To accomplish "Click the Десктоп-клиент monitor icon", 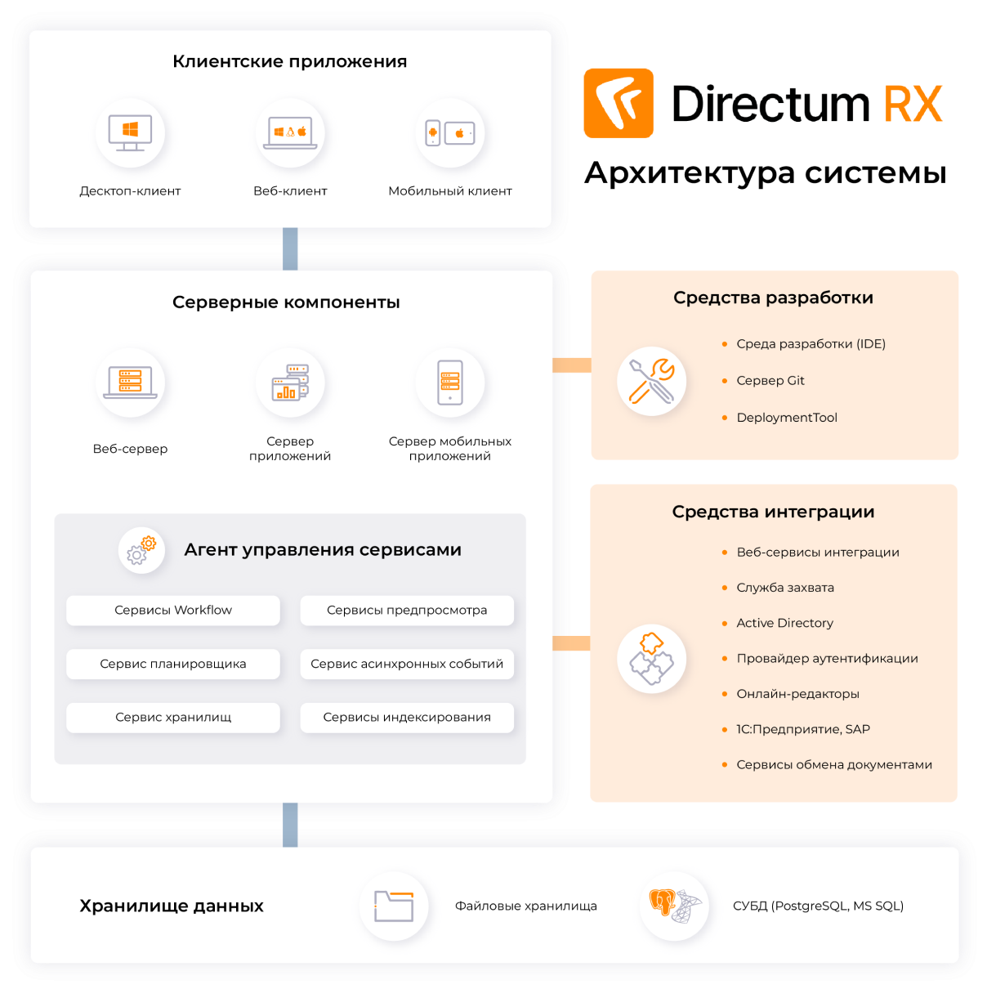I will click(x=130, y=132).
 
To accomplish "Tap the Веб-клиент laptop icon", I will click(x=290, y=132).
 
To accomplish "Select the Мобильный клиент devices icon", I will click(x=449, y=132).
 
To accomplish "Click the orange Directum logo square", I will click(x=619, y=103).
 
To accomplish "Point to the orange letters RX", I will click(x=913, y=104).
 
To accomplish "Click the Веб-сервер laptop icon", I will click(x=130, y=383).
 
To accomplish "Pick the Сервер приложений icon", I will click(x=290, y=383).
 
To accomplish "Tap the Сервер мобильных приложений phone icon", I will click(x=449, y=383).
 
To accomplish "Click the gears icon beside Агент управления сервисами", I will click(x=141, y=550).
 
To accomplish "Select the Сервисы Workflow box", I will click(x=173, y=611).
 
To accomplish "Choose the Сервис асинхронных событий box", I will click(x=407, y=664).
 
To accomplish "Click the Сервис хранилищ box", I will click(x=173, y=718).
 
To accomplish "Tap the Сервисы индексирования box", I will click(x=407, y=718).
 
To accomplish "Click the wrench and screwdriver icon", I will click(x=651, y=381).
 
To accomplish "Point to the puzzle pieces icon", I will click(x=651, y=659).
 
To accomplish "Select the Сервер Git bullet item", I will click(x=770, y=381).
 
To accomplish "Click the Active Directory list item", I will click(x=784, y=623).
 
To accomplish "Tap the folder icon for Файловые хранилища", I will click(x=394, y=906).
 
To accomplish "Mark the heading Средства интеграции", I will click(x=773, y=512).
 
